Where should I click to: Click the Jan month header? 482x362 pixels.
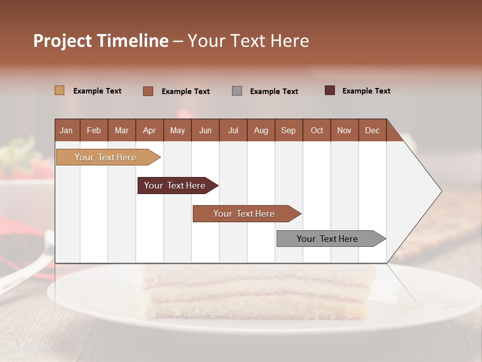[66, 130]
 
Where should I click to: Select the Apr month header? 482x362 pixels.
[149, 130]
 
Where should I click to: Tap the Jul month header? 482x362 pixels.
[233, 130]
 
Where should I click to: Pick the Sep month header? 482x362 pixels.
[288, 130]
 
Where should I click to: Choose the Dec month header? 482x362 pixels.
[372, 130]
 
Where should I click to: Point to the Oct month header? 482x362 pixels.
[317, 130]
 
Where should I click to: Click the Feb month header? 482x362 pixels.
[94, 130]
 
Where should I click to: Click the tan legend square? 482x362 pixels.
[59, 90]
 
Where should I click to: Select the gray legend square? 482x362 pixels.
[237, 91]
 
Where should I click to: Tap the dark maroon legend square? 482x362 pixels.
[329, 90]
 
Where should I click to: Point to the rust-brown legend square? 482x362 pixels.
[148, 91]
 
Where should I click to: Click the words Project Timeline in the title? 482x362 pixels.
[100, 41]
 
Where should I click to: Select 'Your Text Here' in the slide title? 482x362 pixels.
[249, 41]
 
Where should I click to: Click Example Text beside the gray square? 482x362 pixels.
[274, 92]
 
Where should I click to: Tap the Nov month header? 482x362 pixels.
[344, 130]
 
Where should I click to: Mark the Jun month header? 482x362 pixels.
[205, 130]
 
